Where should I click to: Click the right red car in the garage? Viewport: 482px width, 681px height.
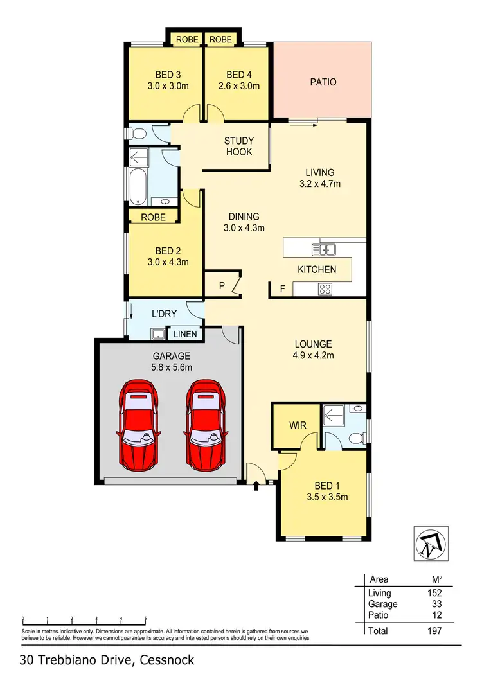coord(207,425)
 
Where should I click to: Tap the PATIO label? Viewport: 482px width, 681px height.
coord(323,82)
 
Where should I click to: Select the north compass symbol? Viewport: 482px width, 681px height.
coord(428,544)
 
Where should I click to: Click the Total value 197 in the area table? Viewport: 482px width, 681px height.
coord(435,632)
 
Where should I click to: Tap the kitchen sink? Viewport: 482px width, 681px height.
coord(324,249)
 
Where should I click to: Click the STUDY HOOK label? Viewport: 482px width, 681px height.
coord(238,146)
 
